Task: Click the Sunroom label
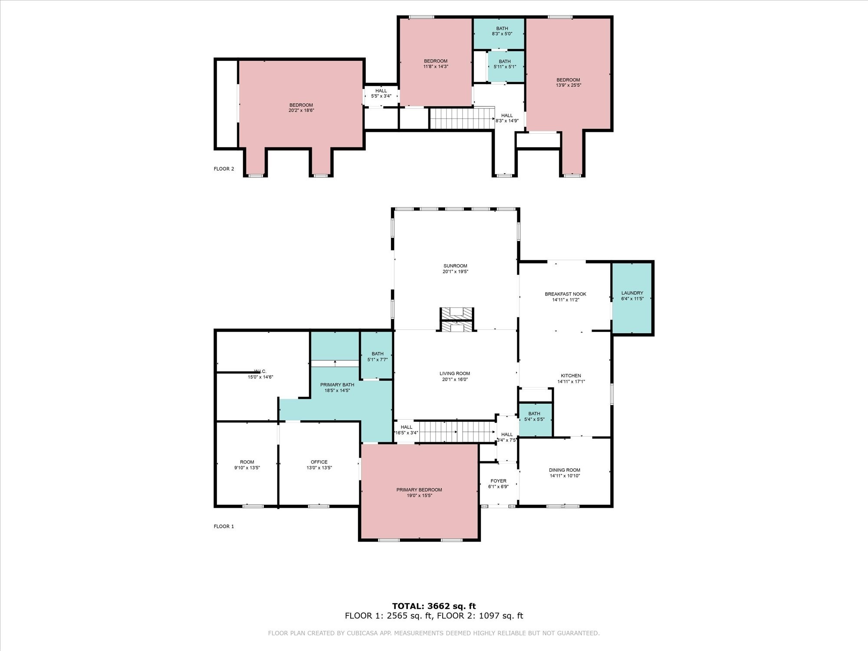coord(455,266)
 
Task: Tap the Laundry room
coord(632,298)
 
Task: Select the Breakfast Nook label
coord(566,294)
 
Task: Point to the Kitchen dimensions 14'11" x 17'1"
coord(571,382)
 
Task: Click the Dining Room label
coord(565,470)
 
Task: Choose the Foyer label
coord(498,481)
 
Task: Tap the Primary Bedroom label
coord(419,490)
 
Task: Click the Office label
coord(319,462)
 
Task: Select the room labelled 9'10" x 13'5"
coord(247,464)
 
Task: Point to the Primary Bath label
coord(337,385)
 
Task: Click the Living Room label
coord(455,374)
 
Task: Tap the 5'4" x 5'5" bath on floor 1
coord(535,420)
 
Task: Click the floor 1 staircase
coord(457,432)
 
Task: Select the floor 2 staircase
coord(462,118)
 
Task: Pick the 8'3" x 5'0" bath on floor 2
coord(498,33)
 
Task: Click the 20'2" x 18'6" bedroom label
coord(301,108)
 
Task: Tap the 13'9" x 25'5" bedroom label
coord(568,82)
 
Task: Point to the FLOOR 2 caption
coord(224,169)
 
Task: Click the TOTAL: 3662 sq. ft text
coord(434,606)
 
